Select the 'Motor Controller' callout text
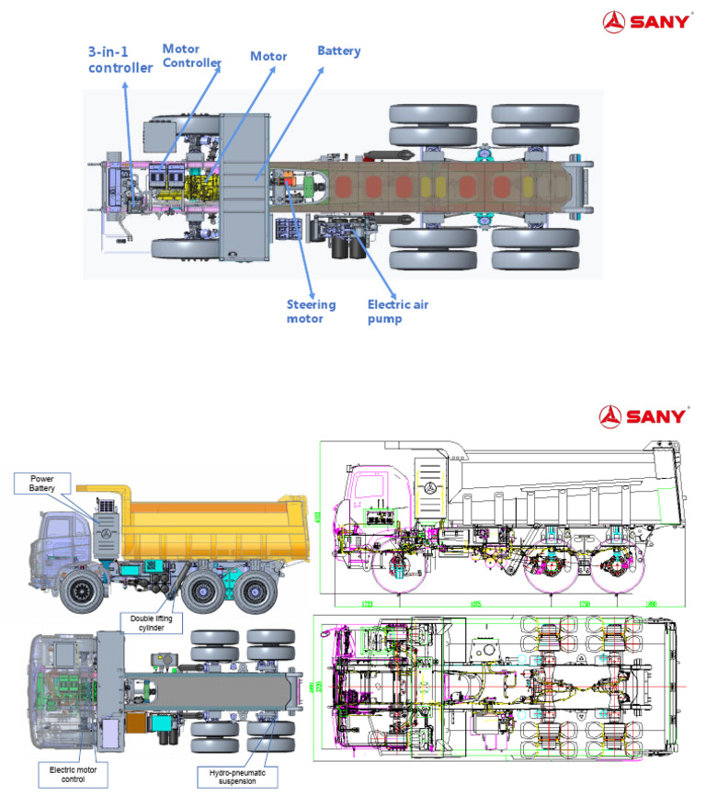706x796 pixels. [191, 55]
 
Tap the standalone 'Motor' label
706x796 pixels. [268, 56]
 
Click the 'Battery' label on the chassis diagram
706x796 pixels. [338, 51]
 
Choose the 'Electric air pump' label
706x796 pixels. [397, 311]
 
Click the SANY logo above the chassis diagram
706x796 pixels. [645, 20]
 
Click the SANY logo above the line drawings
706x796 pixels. [643, 415]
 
